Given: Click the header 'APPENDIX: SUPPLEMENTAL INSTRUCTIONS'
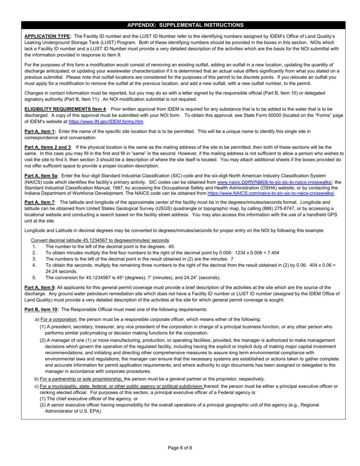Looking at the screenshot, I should point(185,25).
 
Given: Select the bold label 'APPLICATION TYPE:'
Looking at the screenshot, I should point(48,36).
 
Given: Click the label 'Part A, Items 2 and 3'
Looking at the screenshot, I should point(47,147).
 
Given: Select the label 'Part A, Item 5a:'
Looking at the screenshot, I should point(41,176).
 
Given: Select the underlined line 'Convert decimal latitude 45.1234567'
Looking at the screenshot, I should point(100,240).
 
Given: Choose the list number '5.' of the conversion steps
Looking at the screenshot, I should point(34,277).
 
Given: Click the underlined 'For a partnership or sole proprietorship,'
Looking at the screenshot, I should point(82,379).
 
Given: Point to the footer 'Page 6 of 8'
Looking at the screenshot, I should point(180,448).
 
